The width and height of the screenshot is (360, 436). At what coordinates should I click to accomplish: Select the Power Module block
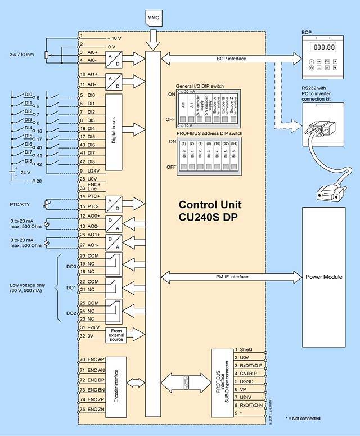pos(324,277)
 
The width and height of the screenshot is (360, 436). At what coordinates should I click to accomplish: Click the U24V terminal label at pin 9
pos(93,170)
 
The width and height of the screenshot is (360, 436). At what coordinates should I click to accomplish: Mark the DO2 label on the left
pos(70,313)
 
